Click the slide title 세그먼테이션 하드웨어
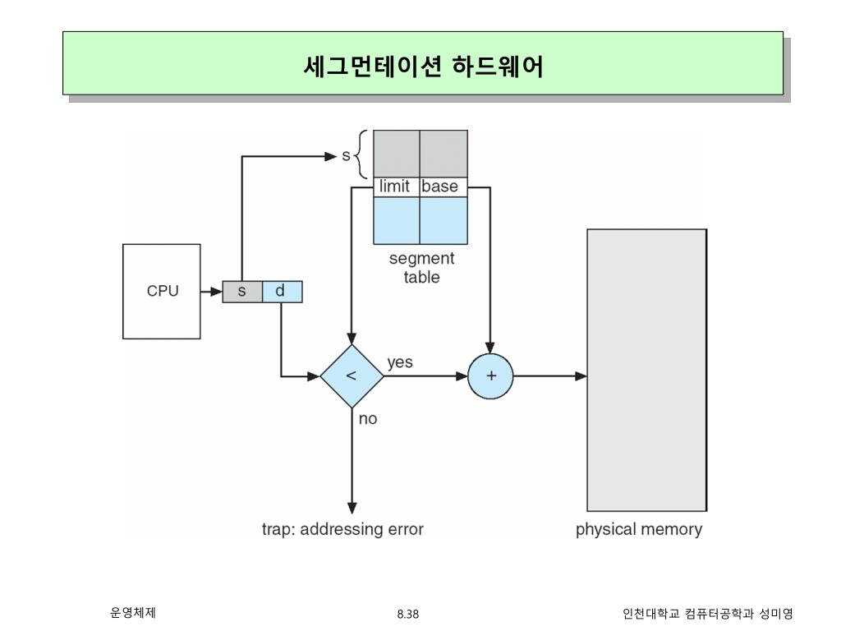[x=423, y=65]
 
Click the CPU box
[x=162, y=291]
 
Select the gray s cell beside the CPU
[x=242, y=292]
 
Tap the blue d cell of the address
[x=282, y=292]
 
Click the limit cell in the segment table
[x=395, y=187]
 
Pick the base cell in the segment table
[x=441, y=187]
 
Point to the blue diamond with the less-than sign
[x=352, y=376]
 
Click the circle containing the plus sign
[x=490, y=376]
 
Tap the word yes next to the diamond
[x=400, y=362]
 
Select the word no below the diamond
[x=368, y=419]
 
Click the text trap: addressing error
[x=342, y=529]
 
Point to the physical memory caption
[x=639, y=529]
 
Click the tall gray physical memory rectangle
[x=646, y=370]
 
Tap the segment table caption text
[x=421, y=268]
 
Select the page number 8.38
[x=407, y=614]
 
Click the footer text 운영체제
[x=133, y=612]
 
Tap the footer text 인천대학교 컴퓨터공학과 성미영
[x=708, y=614]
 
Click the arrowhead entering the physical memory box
[x=581, y=376]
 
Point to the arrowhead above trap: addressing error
[x=352, y=507]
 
